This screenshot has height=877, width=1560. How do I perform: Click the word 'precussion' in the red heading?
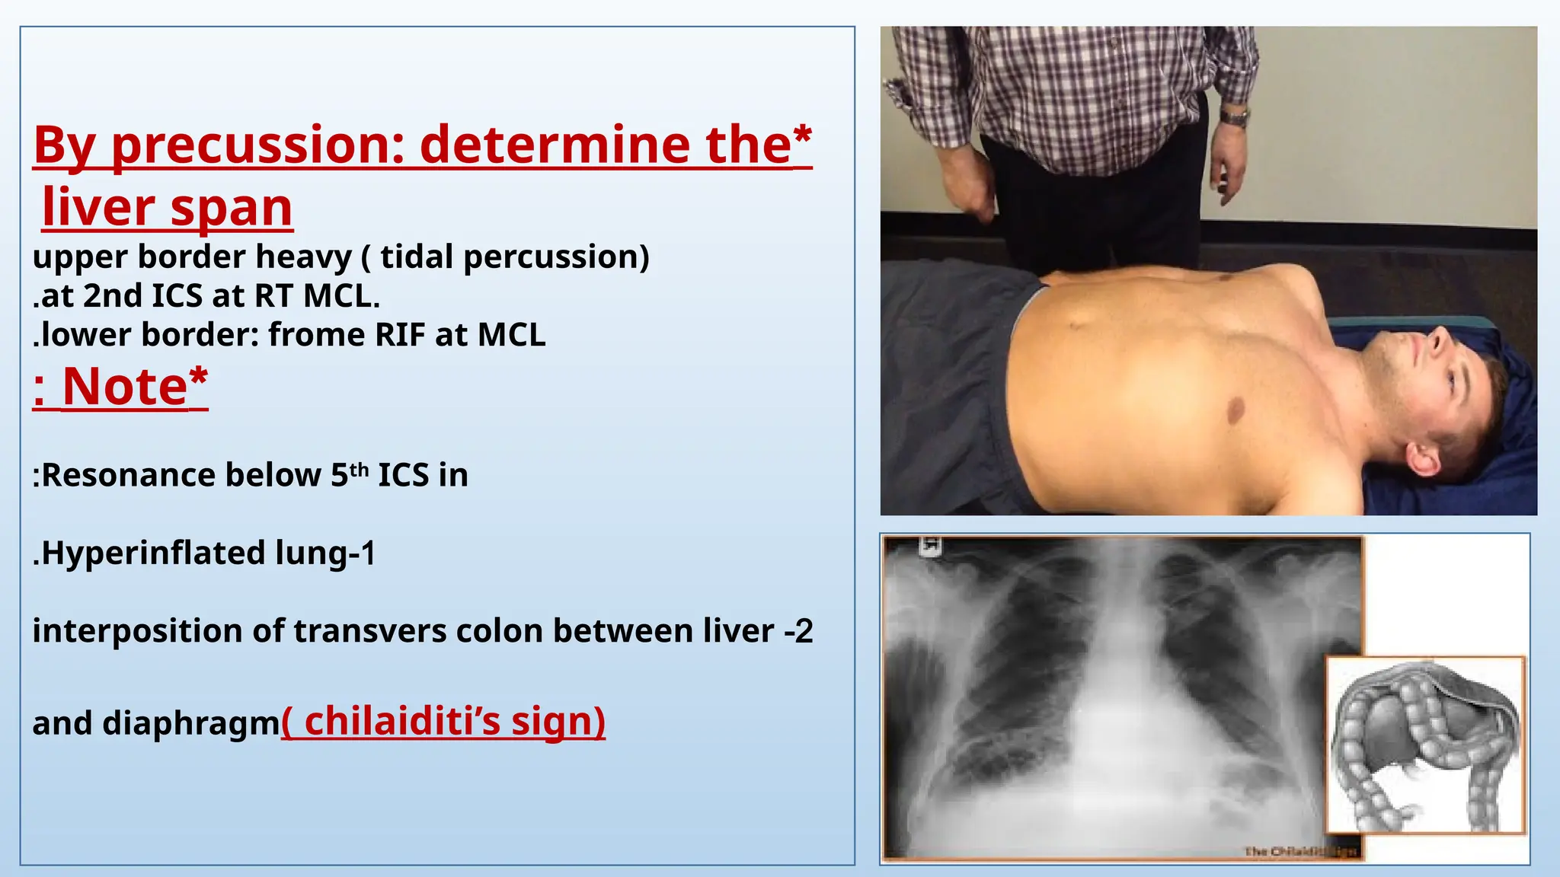tap(258, 145)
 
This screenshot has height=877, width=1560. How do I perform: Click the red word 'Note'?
tap(125, 387)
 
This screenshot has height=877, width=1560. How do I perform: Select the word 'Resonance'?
tap(181, 475)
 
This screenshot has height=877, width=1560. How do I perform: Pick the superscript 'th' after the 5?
tap(360, 469)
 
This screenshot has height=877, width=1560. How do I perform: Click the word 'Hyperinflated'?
tap(152, 553)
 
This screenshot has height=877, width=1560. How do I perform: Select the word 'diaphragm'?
tap(191, 723)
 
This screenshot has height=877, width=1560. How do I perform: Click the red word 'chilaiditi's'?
tap(402, 721)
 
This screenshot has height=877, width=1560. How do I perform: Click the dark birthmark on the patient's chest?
tap(1236, 411)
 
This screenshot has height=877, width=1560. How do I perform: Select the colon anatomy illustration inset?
tap(1426, 745)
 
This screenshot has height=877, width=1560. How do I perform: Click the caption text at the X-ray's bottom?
tap(1299, 851)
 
